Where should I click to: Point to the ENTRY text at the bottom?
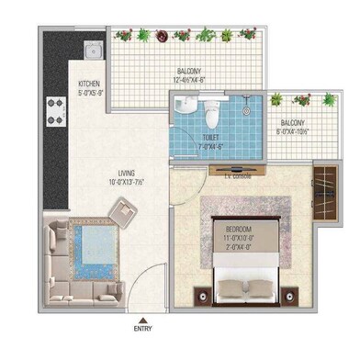coord(144,327)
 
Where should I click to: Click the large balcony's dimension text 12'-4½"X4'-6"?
coord(191,80)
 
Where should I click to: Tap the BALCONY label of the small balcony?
coord(299,121)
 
